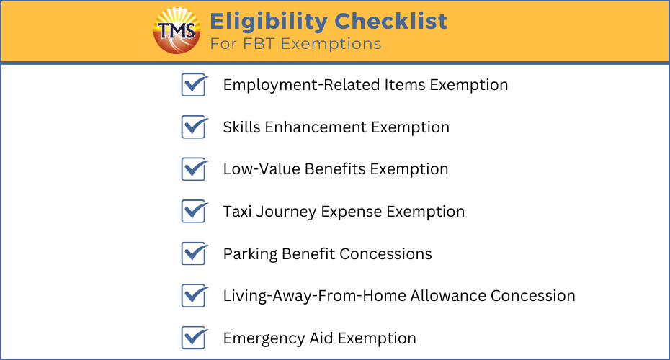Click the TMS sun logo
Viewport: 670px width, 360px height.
coord(177,31)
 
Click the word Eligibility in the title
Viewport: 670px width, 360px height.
coord(269,22)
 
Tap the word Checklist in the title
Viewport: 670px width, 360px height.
coord(391,21)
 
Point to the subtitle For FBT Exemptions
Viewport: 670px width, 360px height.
coord(295,43)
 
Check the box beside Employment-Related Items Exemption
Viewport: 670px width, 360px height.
coord(195,84)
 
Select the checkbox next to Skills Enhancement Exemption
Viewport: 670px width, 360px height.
coord(195,127)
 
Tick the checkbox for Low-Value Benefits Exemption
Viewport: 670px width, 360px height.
coord(195,169)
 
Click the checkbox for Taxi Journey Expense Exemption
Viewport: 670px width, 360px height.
coord(195,212)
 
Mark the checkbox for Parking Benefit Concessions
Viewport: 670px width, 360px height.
coord(195,253)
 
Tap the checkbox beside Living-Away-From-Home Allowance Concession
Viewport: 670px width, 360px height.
coord(195,295)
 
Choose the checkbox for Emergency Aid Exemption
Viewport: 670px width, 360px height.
coord(195,338)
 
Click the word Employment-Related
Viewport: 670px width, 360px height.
coord(302,85)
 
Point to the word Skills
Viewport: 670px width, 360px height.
coord(242,127)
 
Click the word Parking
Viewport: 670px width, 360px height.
coord(251,254)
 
